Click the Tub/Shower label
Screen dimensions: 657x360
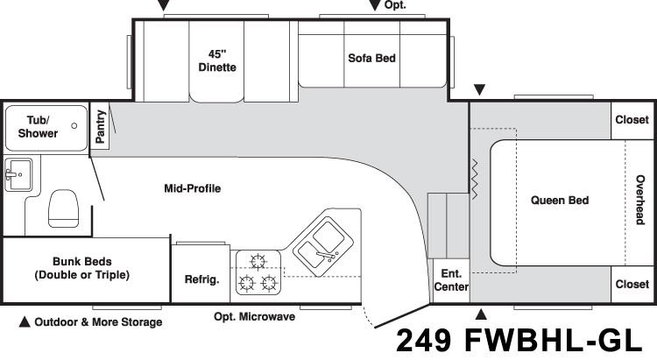click(x=38, y=126)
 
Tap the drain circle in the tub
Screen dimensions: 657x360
click(x=74, y=126)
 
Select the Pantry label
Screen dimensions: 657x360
click(x=100, y=126)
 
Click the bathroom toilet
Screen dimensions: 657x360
click(x=63, y=208)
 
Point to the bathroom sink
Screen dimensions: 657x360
click(x=18, y=174)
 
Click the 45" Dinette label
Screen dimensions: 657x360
click(x=217, y=60)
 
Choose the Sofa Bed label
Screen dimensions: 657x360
click(x=371, y=58)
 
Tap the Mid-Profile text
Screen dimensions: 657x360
click(x=193, y=188)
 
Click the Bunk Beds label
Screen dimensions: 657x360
click(x=82, y=268)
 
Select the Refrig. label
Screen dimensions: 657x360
click(x=202, y=279)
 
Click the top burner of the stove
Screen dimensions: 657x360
click(x=258, y=262)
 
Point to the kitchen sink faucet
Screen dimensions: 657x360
click(x=327, y=255)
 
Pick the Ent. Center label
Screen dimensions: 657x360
click(x=451, y=280)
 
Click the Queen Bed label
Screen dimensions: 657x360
click(x=560, y=200)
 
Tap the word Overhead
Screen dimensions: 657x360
click(x=640, y=200)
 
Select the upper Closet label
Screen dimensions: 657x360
click(x=632, y=119)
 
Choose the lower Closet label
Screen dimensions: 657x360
click(x=632, y=284)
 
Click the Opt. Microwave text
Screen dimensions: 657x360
click(x=254, y=316)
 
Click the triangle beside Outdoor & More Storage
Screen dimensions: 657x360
click(x=25, y=321)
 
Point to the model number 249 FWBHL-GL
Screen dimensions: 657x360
click(x=519, y=340)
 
